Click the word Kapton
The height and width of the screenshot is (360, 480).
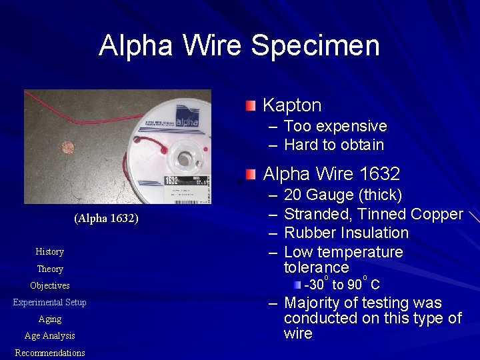pos(292,105)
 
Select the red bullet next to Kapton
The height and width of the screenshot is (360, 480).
pos(249,105)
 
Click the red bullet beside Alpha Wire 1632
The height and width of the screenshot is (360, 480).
pos(249,175)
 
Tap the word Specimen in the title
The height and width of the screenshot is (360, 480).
pos(315,45)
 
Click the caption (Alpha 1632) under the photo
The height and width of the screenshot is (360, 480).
pos(107,219)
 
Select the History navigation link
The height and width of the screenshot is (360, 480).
pos(50,251)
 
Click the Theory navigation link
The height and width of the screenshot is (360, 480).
pos(50,269)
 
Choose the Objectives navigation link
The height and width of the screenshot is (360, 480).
pos(50,285)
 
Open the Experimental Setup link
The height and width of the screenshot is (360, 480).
pos(50,302)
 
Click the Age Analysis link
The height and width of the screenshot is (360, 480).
pos(50,336)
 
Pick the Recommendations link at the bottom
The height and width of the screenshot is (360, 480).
pos(50,353)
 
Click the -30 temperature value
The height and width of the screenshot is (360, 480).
pos(316,285)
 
